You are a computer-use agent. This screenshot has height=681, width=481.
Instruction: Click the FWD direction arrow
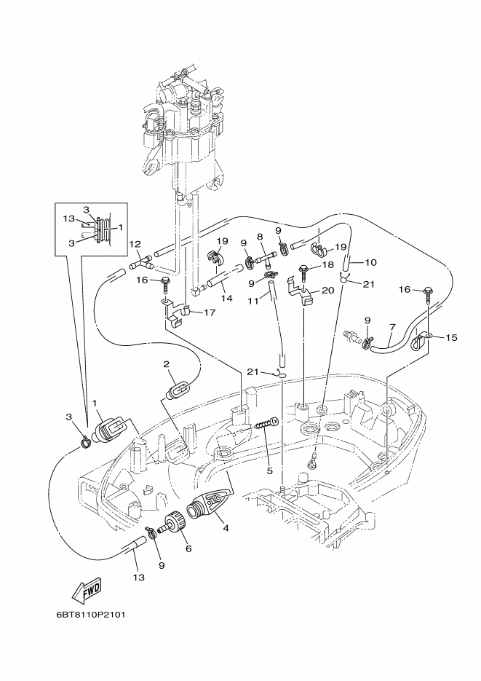point(87,591)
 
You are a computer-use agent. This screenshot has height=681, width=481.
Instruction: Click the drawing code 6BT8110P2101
point(91,615)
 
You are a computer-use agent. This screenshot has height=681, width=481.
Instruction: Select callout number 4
point(226,528)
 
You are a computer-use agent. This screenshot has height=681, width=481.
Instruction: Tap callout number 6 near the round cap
point(188,548)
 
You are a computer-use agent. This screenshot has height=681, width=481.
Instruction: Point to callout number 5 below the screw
point(270,471)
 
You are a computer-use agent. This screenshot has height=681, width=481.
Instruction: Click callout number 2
point(166,364)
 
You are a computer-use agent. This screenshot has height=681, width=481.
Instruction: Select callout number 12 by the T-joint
point(135,245)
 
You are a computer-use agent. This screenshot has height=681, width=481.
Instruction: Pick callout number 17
point(210,312)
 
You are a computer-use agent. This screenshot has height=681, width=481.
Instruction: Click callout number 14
point(227,299)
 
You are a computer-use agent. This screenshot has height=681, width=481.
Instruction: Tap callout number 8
point(261,237)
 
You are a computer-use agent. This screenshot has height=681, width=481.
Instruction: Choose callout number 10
point(371,262)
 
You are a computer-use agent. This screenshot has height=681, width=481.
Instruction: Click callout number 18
point(328,265)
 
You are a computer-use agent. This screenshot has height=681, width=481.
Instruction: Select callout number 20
point(328,290)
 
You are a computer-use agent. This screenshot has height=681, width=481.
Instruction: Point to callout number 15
point(451,337)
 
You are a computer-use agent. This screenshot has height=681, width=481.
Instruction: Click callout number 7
point(392,326)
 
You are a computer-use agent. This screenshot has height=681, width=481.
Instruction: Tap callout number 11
point(253,300)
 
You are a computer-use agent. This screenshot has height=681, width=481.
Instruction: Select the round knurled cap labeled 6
point(174,522)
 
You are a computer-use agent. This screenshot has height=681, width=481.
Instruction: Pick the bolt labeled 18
point(304,274)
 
